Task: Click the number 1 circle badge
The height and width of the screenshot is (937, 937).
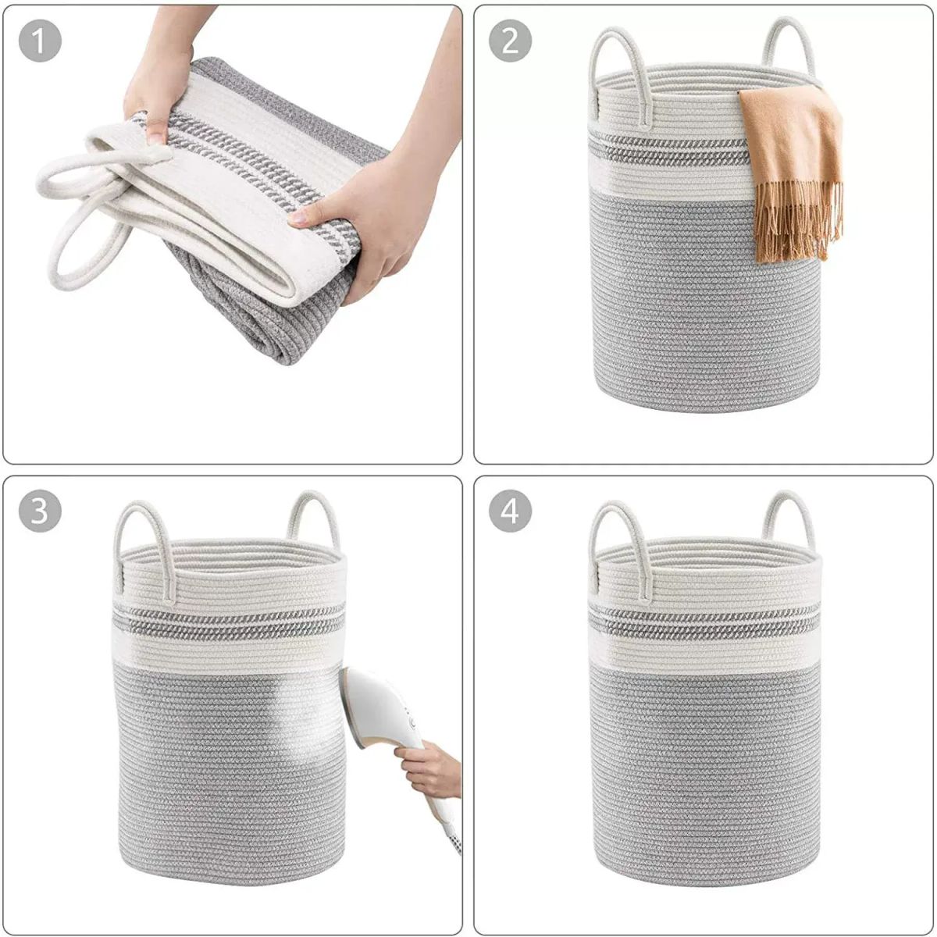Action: tap(40, 41)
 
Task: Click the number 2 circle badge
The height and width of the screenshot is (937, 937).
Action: tap(510, 41)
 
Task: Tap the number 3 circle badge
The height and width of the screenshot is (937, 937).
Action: tap(40, 511)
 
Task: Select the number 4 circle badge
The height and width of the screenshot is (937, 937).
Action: tap(510, 511)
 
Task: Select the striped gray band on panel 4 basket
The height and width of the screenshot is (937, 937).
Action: tap(704, 623)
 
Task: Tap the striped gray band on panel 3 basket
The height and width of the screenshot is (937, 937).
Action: tap(229, 622)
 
